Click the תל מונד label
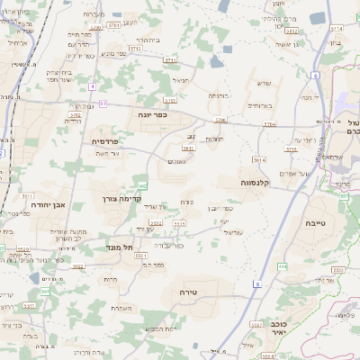(121, 247)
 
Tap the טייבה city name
(317, 222)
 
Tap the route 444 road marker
(283, 266)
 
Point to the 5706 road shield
(221, 120)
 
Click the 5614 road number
(259, 159)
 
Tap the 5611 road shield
(27, 194)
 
